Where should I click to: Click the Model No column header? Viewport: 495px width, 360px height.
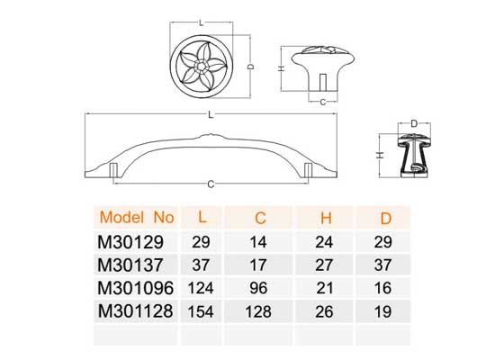pyautogui.click(x=137, y=217)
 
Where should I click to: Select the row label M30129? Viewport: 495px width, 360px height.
pyautogui.click(x=130, y=242)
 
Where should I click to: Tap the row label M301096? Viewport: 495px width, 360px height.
pyautogui.click(x=135, y=288)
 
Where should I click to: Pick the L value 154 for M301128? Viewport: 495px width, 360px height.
pyautogui.click(x=201, y=311)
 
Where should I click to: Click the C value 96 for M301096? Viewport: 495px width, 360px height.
pyautogui.click(x=258, y=288)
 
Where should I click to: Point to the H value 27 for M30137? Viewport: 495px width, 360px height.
pyautogui.click(x=324, y=265)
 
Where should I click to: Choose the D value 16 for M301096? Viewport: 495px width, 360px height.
pyautogui.click(x=382, y=288)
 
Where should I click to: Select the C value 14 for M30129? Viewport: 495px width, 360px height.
pyautogui.click(x=258, y=242)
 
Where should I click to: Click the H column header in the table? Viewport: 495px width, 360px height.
pyautogui.click(x=326, y=218)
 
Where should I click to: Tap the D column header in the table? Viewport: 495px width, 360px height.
pyautogui.click(x=386, y=218)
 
